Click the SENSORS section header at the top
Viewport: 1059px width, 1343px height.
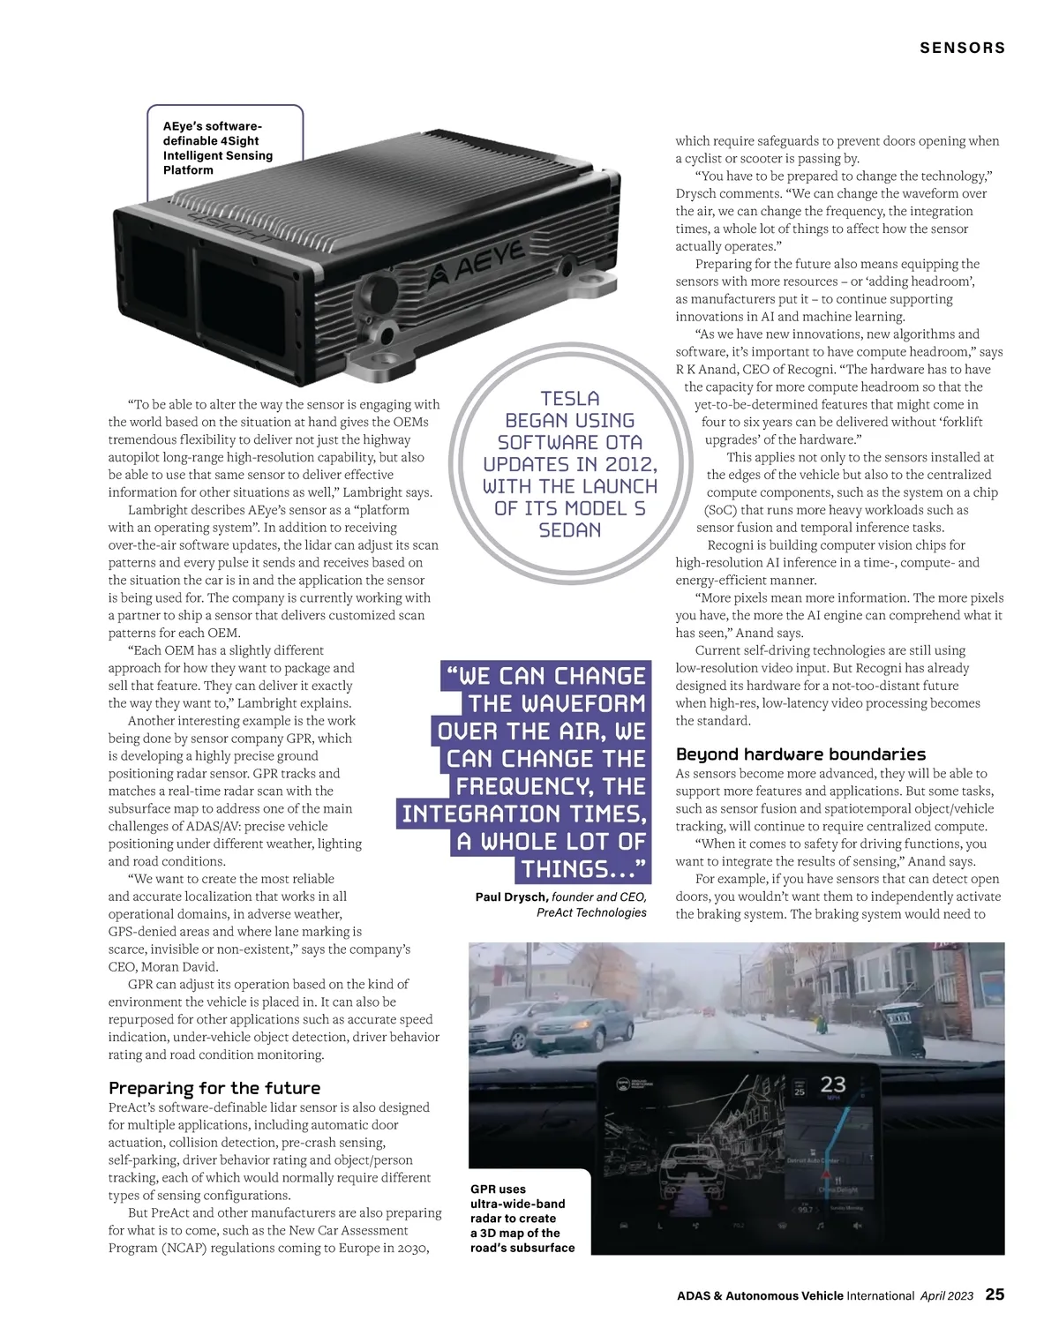[x=962, y=48]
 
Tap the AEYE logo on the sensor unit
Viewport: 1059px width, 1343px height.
[x=480, y=264]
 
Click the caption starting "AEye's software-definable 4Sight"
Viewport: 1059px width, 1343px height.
[x=217, y=147]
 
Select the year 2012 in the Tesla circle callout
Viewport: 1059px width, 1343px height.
[x=629, y=464]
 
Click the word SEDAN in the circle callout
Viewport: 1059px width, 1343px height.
[x=570, y=530]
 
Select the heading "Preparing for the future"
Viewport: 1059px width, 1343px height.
[x=214, y=1088]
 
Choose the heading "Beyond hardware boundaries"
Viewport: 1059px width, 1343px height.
[x=800, y=754]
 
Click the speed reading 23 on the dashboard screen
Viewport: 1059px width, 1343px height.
[x=833, y=1084]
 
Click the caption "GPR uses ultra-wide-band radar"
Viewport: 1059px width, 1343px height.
[x=522, y=1219]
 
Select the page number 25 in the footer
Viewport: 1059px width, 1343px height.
[x=995, y=1294]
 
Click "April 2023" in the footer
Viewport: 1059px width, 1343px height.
[x=947, y=1295]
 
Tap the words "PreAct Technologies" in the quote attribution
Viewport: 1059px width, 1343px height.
[x=591, y=912]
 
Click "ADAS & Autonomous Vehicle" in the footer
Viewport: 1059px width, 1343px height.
[x=760, y=1295]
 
